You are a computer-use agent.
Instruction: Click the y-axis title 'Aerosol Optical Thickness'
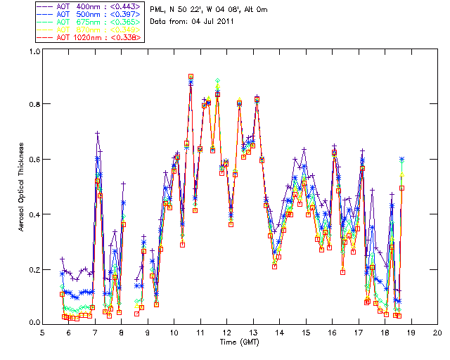[x=22, y=187]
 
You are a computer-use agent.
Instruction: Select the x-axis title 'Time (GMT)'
[x=239, y=342]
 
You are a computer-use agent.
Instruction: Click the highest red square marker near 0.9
[x=191, y=77]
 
